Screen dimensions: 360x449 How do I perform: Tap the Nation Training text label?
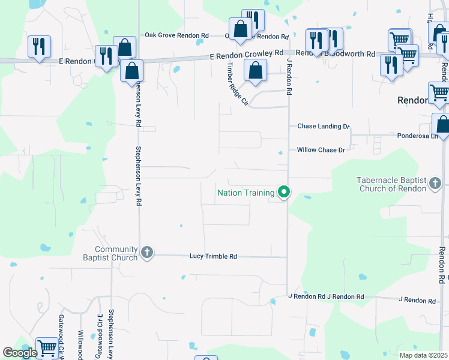tap(246, 193)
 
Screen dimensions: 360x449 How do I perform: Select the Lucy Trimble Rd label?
tap(213, 256)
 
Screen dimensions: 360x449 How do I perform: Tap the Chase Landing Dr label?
tap(324, 127)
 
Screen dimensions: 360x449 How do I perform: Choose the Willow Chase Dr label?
tap(321, 150)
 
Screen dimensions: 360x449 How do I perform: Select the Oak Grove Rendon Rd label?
tap(176, 35)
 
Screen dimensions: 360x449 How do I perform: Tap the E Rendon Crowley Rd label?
tap(246, 54)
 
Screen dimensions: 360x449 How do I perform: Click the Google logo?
tap(20, 353)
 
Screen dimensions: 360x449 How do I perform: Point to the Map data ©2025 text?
tap(423, 355)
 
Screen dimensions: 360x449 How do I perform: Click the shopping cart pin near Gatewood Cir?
tap(46, 347)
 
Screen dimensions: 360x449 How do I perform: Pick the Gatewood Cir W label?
tap(61, 336)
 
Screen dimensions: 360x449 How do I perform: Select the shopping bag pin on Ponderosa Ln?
tap(442, 124)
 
